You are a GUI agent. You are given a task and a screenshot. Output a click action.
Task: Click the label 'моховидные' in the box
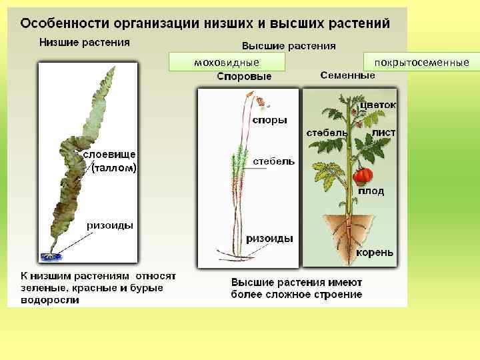click(x=227, y=62)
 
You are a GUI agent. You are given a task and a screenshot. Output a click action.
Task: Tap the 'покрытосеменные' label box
click(x=421, y=62)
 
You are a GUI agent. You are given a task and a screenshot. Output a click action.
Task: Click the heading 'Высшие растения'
click(x=288, y=47)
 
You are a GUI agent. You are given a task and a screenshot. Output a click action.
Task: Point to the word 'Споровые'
click(x=244, y=77)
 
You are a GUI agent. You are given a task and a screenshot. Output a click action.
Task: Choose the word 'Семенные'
click(x=347, y=75)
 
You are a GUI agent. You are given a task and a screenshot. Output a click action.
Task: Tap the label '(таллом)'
click(x=114, y=168)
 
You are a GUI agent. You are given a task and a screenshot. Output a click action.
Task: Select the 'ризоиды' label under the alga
click(x=110, y=225)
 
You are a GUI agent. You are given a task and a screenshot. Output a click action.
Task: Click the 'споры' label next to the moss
click(x=269, y=120)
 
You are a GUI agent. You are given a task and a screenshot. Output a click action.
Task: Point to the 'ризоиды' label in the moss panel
click(x=269, y=238)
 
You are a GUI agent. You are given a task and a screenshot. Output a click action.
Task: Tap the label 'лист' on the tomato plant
click(x=384, y=133)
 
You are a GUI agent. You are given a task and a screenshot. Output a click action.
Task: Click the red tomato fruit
click(x=362, y=176)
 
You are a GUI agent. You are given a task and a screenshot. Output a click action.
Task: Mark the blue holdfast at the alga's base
click(x=49, y=255)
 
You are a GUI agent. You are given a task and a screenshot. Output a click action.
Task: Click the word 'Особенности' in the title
click(x=61, y=23)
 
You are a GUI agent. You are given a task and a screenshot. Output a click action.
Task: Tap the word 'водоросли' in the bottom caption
click(x=49, y=300)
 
